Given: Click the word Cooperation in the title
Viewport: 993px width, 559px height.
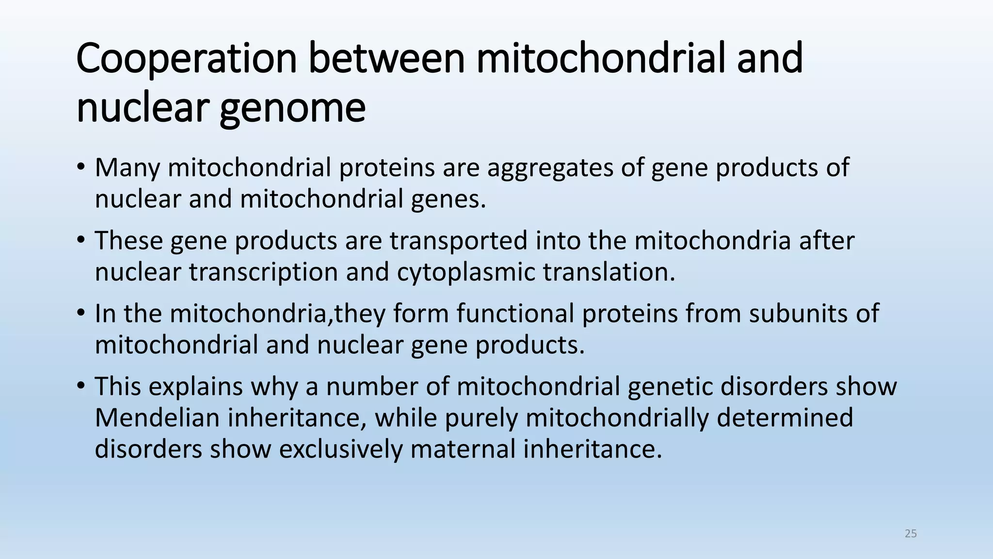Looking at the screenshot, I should pyautogui.click(x=186, y=59).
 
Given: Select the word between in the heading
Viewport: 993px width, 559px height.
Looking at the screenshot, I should pyautogui.click(x=386, y=59).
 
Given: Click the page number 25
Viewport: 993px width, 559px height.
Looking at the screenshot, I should pyautogui.click(x=911, y=534).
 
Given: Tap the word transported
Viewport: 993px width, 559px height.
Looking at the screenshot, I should pyautogui.click(x=458, y=241).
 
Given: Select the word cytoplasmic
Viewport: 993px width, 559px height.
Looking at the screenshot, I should pyautogui.click(x=465, y=272).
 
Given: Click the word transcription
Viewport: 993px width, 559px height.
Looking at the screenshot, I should pyautogui.click(x=263, y=272).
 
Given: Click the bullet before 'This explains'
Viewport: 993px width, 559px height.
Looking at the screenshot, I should pyautogui.click(x=80, y=387).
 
